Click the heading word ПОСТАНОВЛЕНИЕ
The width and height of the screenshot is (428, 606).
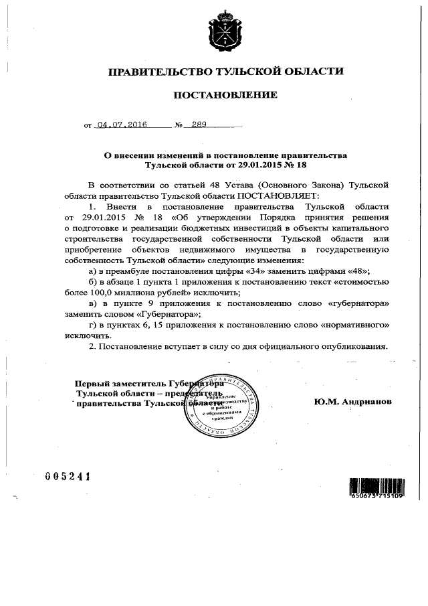(225, 95)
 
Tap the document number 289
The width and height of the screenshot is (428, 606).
(199, 125)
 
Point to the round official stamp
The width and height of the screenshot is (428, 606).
(219, 405)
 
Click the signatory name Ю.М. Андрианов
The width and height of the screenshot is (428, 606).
(352, 402)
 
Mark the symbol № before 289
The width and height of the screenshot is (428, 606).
(179, 125)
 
